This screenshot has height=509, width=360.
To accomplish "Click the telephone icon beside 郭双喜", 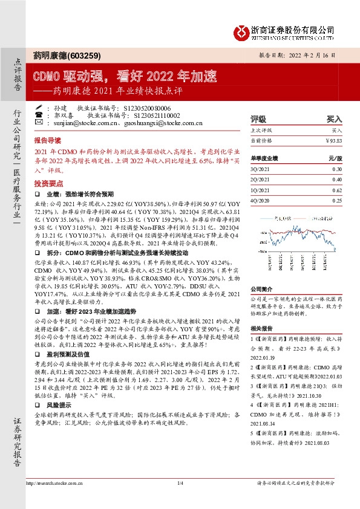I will pyautogui.click(x=39, y=114).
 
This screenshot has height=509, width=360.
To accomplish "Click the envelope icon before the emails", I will pyautogui.click(x=39, y=122).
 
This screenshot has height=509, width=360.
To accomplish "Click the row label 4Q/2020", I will pyautogui.click(x=260, y=200).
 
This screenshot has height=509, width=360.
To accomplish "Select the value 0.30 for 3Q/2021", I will pyautogui.click(x=336, y=169).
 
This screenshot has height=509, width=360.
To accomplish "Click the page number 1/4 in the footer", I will pyautogui.click(x=180, y=484).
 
